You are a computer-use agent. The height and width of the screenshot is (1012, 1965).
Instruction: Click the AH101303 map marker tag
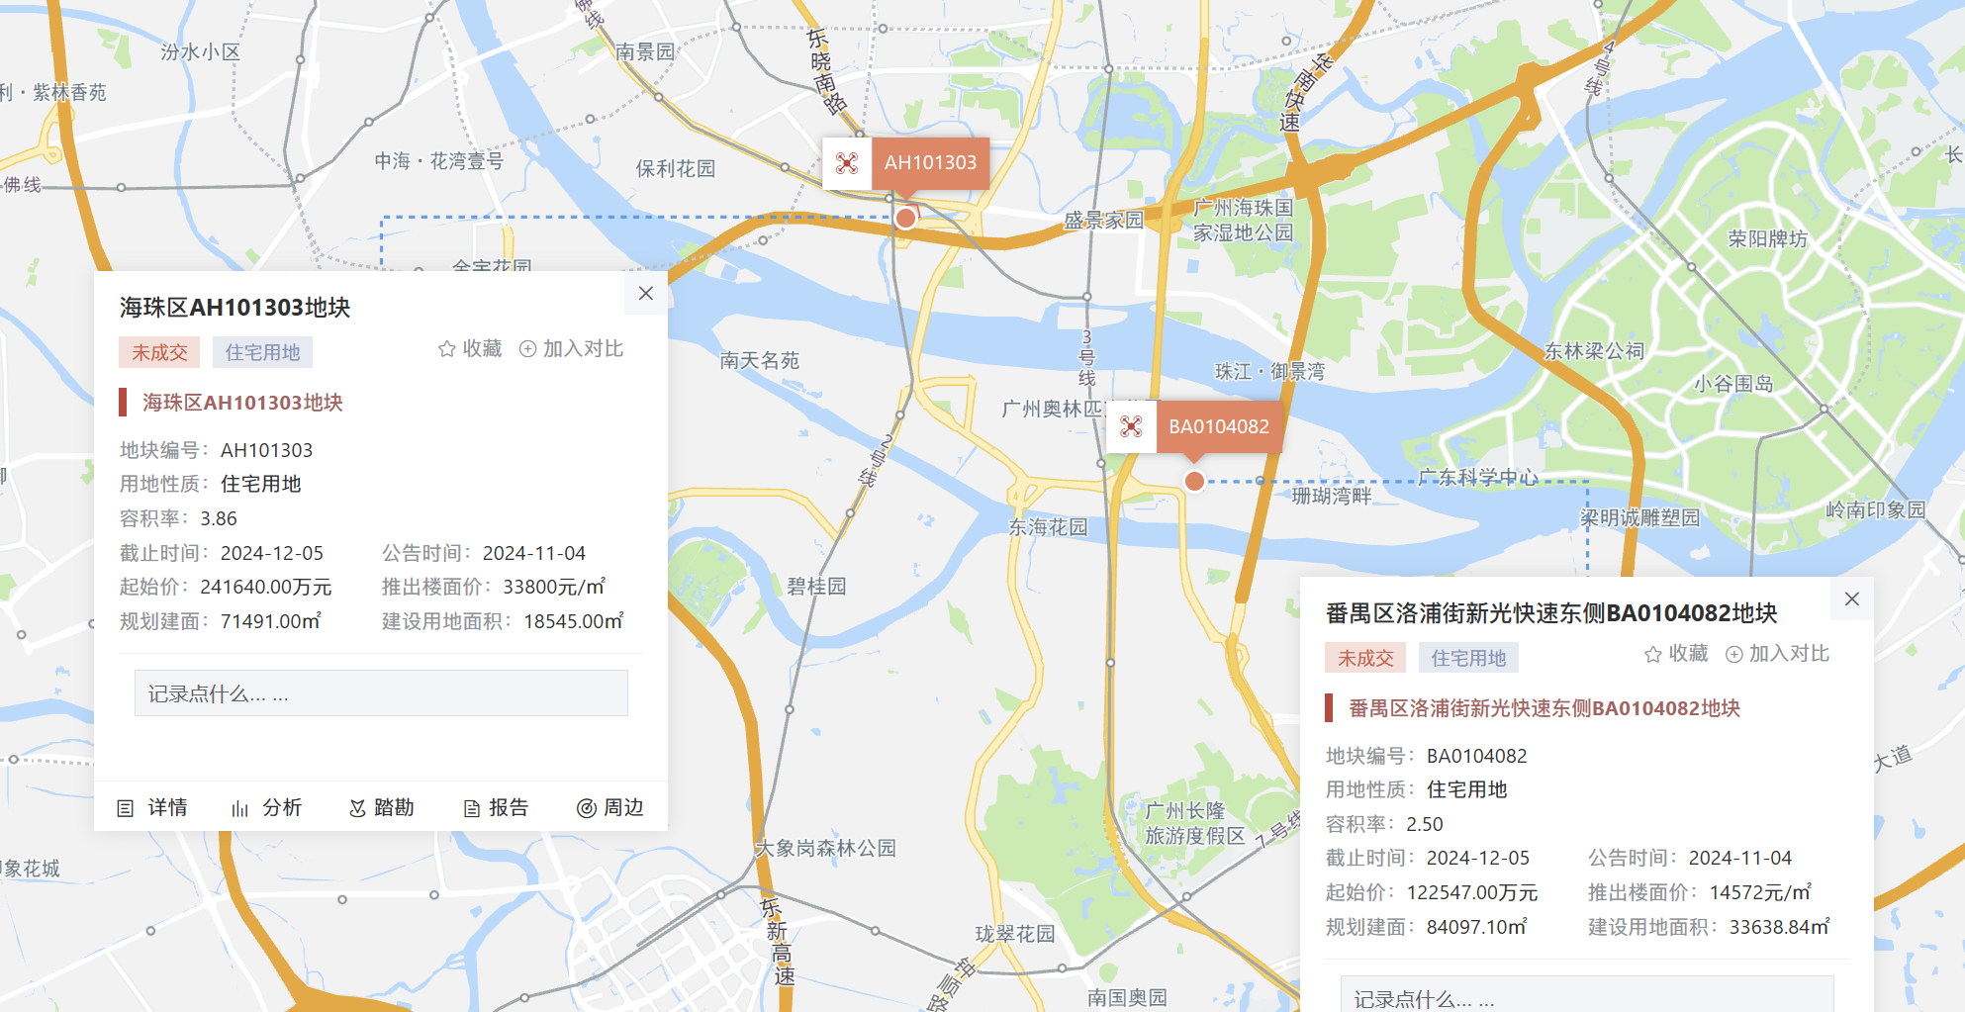pos(929,163)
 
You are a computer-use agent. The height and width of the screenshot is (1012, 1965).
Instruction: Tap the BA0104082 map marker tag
pos(1218,427)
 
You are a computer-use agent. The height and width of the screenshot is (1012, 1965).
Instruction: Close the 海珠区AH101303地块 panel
pos(646,294)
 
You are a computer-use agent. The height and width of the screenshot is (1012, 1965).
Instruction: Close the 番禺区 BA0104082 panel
pos(1851,598)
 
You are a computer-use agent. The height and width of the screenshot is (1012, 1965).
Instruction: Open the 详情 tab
pos(153,808)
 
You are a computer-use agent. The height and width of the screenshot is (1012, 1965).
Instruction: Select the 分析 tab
pos(268,808)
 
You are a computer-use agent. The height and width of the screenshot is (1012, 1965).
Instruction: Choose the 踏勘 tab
pos(382,808)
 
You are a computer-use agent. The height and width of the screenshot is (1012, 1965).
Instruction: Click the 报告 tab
pos(497,808)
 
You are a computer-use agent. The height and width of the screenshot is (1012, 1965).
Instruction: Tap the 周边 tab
pos(610,808)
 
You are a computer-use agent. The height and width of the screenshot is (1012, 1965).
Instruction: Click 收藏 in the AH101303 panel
pos(471,349)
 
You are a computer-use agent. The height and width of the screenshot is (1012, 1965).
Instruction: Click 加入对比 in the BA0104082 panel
pos(1778,654)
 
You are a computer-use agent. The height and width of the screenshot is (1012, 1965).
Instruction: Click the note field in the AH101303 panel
pos(381,693)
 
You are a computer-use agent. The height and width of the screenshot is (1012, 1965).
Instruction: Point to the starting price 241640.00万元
pos(266,588)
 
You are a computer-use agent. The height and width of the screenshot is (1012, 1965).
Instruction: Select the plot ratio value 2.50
pos(1425,824)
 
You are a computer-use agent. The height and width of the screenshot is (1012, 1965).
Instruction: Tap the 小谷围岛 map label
pos(1733,384)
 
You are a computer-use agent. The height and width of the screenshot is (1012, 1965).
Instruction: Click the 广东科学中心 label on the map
pos(1478,478)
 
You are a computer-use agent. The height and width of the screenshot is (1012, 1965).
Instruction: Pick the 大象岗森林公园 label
pos(825,849)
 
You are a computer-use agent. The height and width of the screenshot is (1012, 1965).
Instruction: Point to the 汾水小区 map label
pos(201,52)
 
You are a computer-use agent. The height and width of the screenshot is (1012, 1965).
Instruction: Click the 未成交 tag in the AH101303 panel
pos(159,353)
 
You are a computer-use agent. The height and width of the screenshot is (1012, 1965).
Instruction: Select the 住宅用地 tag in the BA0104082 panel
pos(1468,659)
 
